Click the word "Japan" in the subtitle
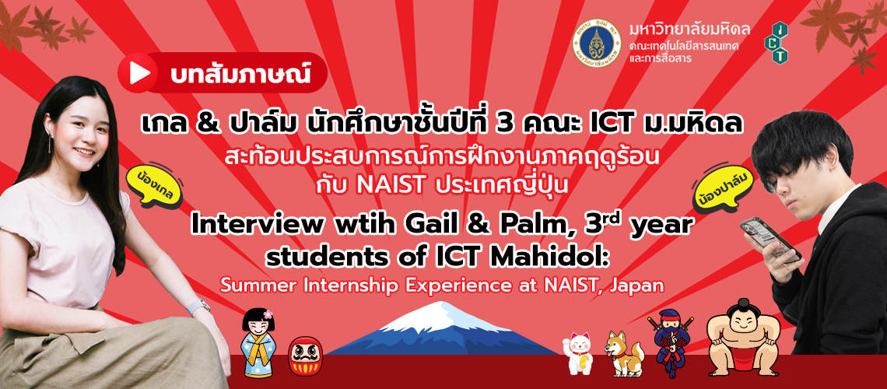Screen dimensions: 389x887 638,285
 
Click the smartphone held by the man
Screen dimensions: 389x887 770,237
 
